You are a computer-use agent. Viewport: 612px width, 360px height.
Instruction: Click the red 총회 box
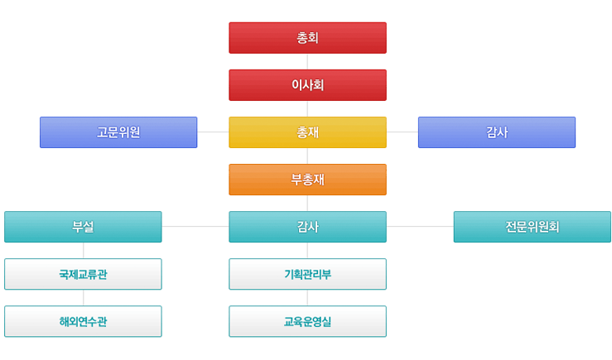(307, 38)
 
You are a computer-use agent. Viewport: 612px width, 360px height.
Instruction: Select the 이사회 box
(307, 85)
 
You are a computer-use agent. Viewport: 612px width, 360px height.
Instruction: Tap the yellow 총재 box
(307, 132)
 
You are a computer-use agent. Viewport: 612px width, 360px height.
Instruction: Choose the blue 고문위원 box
(118, 132)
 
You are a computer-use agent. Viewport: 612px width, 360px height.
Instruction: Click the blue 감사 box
(497, 132)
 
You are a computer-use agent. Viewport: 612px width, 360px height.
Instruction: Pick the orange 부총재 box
(307, 180)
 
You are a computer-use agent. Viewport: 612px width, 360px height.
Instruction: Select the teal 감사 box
(307, 227)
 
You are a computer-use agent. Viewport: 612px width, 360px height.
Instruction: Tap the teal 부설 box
(83, 227)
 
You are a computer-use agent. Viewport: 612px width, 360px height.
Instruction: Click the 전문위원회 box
(532, 227)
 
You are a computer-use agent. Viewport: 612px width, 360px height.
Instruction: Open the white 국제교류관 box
(83, 274)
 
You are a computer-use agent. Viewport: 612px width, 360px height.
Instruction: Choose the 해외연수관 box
(83, 321)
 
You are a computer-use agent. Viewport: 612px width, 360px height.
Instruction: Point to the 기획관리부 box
(307, 274)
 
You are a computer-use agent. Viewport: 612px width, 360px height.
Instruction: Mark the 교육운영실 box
(307, 321)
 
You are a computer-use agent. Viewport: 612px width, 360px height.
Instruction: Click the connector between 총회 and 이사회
(307, 61)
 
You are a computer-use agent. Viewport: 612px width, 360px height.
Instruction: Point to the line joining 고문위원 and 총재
(213, 132)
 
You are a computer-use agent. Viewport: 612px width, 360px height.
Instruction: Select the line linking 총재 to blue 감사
(402, 132)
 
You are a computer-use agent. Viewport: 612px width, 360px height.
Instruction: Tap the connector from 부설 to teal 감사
(195, 227)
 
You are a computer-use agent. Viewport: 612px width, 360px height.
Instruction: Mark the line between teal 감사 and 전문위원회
(420, 227)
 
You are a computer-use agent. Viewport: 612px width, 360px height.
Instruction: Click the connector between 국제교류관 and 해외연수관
(83, 298)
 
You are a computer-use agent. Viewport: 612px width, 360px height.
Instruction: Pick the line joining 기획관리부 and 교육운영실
(307, 298)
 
